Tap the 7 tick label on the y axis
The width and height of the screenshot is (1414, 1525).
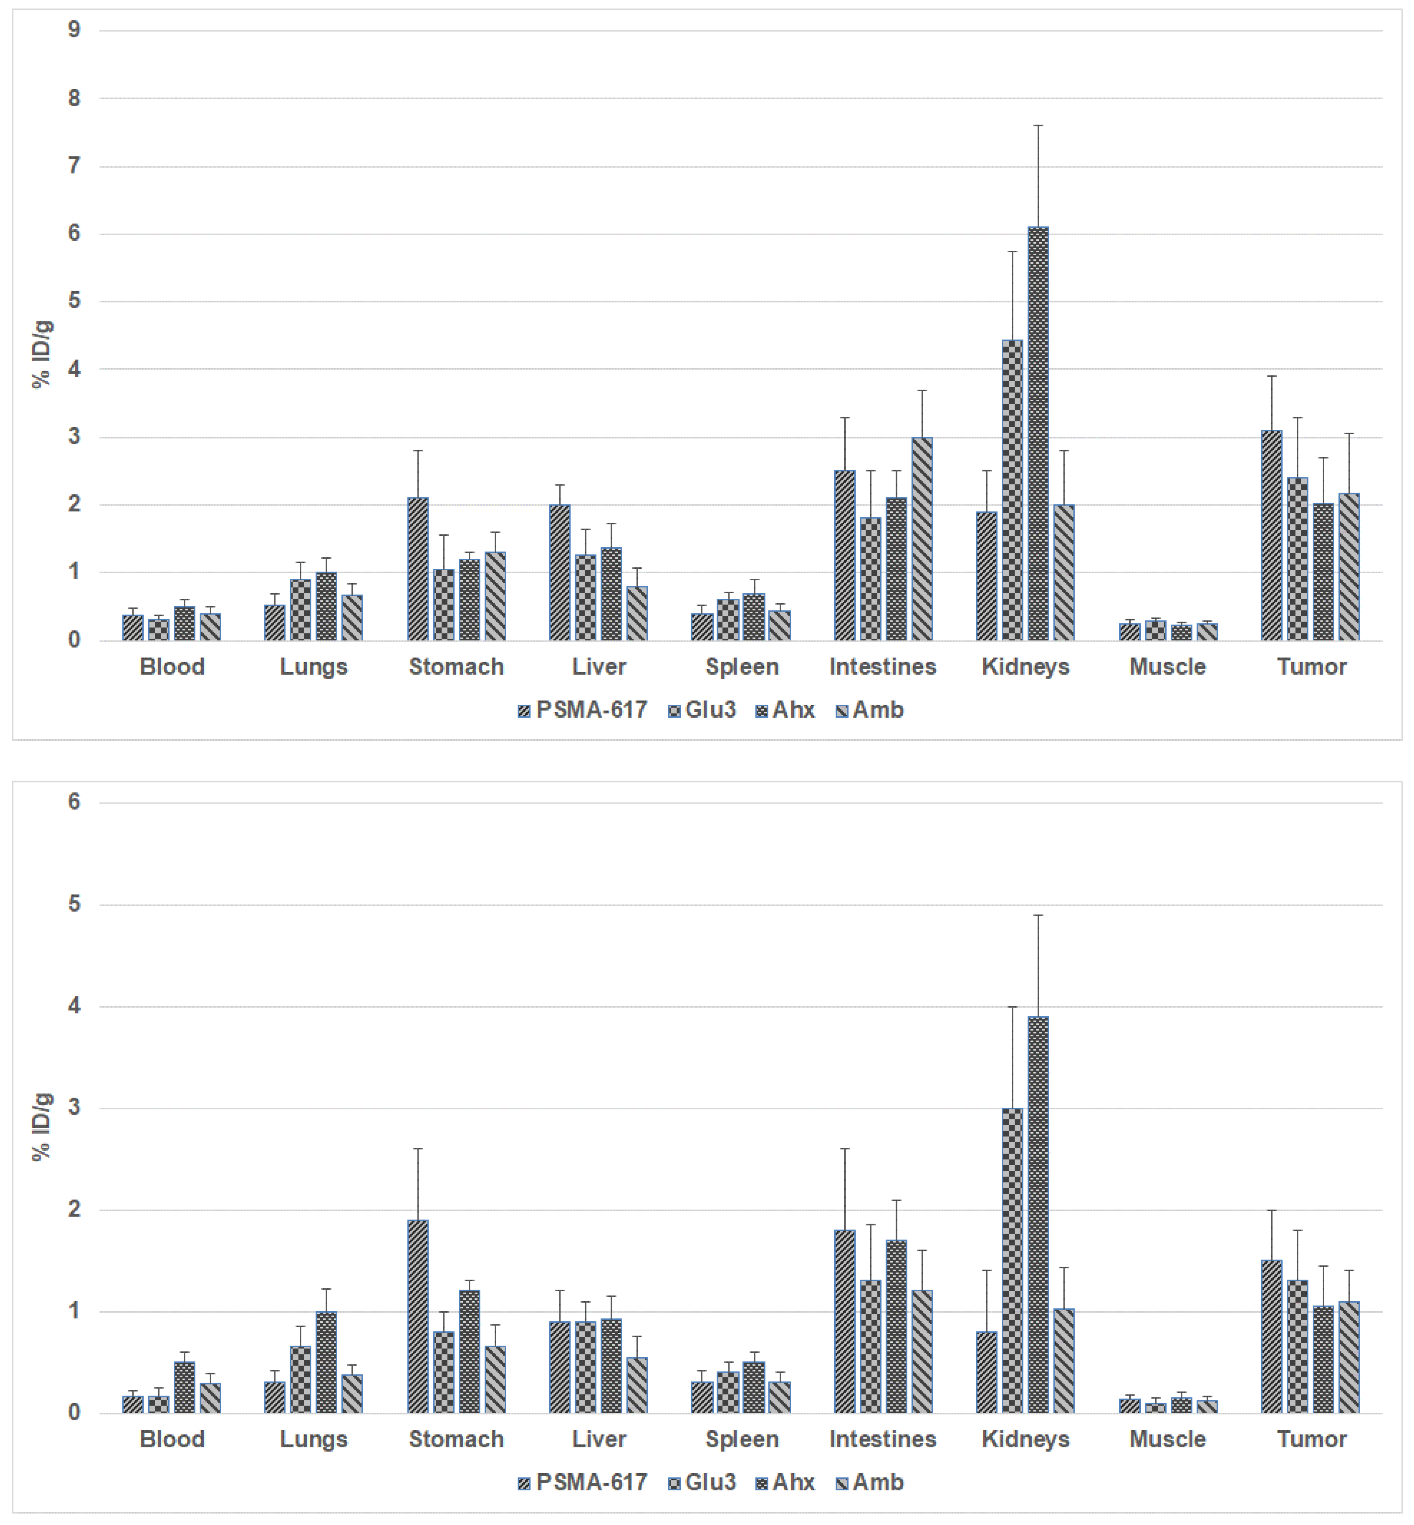click(x=74, y=166)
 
